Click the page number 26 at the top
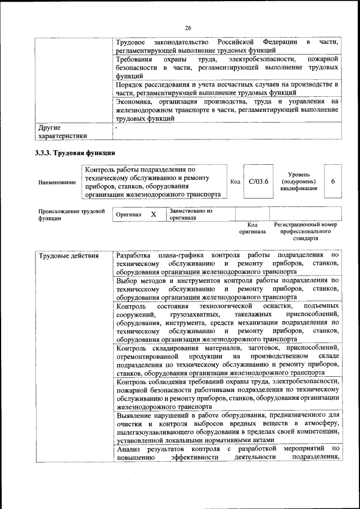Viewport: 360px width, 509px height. click(x=188, y=28)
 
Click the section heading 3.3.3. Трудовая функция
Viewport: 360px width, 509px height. click(x=75, y=153)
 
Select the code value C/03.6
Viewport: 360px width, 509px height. click(x=259, y=182)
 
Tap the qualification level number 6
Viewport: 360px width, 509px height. click(x=333, y=181)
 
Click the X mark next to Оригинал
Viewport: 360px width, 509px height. click(x=153, y=214)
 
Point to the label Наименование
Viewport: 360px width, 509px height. click(x=57, y=182)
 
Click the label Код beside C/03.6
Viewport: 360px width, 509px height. click(x=235, y=182)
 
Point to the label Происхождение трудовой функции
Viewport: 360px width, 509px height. click(x=71, y=215)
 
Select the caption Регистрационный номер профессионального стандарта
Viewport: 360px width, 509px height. click(x=305, y=231)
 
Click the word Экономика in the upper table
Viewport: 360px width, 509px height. click(x=134, y=102)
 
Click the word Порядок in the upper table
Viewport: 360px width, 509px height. click(x=131, y=84)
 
